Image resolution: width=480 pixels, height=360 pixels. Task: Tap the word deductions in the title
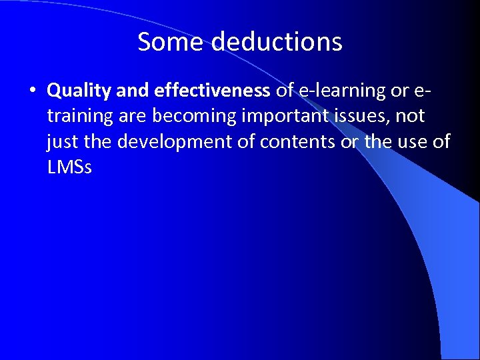coord(278,42)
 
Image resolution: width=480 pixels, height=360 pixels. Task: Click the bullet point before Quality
coord(33,90)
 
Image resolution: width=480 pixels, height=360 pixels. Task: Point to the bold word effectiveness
coord(212,89)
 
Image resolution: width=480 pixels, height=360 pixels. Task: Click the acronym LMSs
coord(69,167)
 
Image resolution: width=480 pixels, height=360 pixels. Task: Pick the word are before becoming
coord(133,116)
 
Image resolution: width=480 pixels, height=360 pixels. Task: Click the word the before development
coord(99,141)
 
